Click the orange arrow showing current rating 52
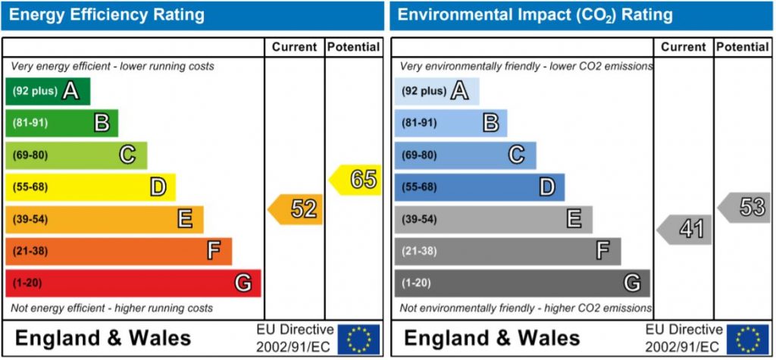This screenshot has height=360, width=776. [296, 209]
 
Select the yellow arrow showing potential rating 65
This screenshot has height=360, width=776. [356, 180]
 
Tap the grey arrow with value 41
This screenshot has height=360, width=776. [685, 229]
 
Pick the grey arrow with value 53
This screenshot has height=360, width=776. [746, 207]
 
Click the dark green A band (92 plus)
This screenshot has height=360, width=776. [48, 92]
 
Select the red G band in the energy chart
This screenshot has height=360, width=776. [133, 283]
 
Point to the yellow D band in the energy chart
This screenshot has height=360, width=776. [90, 187]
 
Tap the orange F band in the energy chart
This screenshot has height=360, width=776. [118, 251]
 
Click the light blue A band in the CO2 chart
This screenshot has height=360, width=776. [436, 92]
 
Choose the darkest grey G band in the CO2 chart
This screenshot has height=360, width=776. [521, 283]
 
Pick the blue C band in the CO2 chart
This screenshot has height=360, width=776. [465, 155]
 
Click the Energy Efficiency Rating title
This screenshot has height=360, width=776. [105, 14]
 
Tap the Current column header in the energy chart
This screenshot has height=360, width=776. [294, 47]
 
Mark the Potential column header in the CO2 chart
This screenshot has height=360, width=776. [742, 47]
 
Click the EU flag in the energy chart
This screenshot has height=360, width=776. [358, 339]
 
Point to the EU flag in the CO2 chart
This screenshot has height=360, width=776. [747, 339]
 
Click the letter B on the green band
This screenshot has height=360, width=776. [102, 123]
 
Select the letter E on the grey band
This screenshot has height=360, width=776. [574, 219]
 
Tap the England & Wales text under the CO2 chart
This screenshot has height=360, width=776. [492, 338]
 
